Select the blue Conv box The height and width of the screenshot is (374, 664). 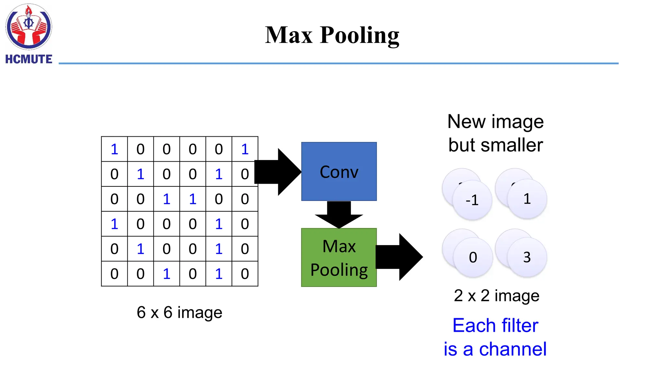[x=339, y=171]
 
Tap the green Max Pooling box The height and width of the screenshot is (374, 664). [x=339, y=257]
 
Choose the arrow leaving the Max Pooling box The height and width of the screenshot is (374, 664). [x=400, y=257]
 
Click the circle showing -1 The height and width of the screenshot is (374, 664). [x=472, y=200]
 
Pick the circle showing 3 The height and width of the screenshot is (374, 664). [x=527, y=257]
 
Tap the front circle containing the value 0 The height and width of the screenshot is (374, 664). [x=473, y=257]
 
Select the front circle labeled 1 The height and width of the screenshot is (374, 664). [x=527, y=199]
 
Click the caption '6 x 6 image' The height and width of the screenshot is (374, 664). [x=179, y=312]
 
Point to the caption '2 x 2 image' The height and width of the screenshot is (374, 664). [x=496, y=295]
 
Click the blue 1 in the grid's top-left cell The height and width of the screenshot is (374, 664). [x=114, y=149]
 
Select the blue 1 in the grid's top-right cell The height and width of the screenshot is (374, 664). [x=245, y=149]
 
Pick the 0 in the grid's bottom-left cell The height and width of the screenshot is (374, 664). [x=114, y=274]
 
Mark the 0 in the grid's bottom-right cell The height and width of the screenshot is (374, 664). [x=245, y=274]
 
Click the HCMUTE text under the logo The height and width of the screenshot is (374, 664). [x=29, y=59]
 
